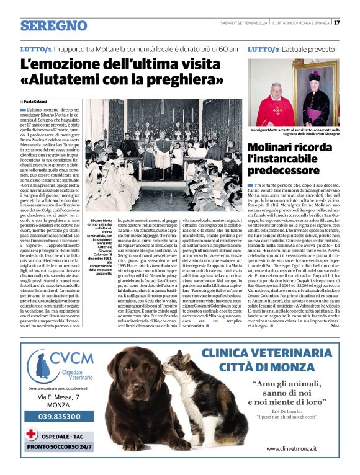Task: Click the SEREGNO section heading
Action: point(53,25)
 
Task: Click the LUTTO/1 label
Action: point(35,48)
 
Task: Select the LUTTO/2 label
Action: point(263,48)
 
